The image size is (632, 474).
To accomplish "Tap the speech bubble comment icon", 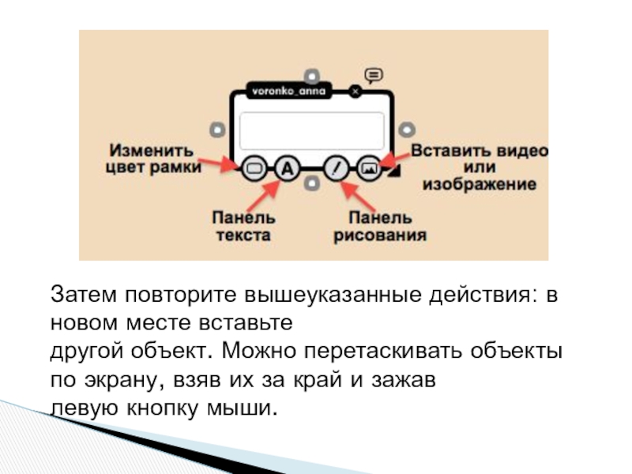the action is pyautogui.click(x=374, y=75).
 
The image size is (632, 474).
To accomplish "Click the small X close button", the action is pyautogui.click(x=355, y=92).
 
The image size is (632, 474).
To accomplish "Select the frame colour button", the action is pyautogui.click(x=254, y=168).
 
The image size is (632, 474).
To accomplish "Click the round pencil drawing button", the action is pyautogui.click(x=337, y=168).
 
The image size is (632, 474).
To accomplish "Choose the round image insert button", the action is pyautogui.click(x=369, y=168).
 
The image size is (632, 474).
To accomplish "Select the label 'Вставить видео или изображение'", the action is pyautogui.click(x=479, y=167).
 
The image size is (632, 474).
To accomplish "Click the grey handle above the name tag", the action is pyautogui.click(x=313, y=76).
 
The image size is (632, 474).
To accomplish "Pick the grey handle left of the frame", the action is pyautogui.click(x=216, y=129).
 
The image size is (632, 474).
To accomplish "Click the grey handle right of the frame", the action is pyautogui.click(x=408, y=129).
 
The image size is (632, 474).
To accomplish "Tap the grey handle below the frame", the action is pyautogui.click(x=313, y=184).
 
